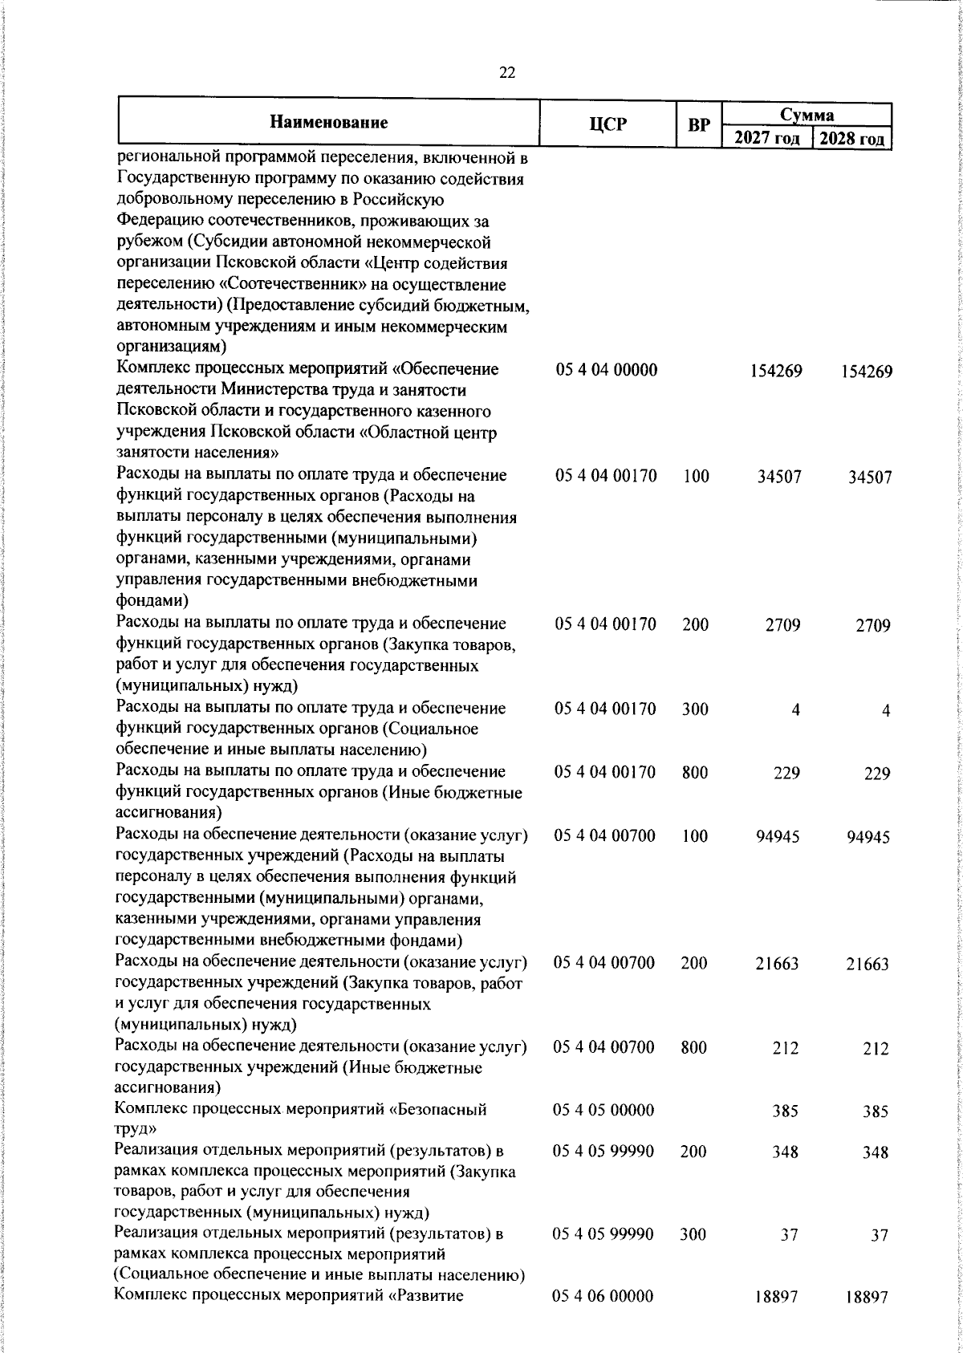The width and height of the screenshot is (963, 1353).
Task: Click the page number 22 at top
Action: [x=506, y=73]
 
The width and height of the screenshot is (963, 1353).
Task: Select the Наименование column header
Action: [x=328, y=123]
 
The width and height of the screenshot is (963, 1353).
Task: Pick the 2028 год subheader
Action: [x=852, y=138]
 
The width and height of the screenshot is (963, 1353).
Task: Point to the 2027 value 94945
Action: [x=777, y=837]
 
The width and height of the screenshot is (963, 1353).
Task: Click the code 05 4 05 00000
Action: [x=603, y=1111]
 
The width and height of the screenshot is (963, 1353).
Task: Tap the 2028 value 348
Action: [x=874, y=1153]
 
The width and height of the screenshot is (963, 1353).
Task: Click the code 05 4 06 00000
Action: [x=603, y=1296]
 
